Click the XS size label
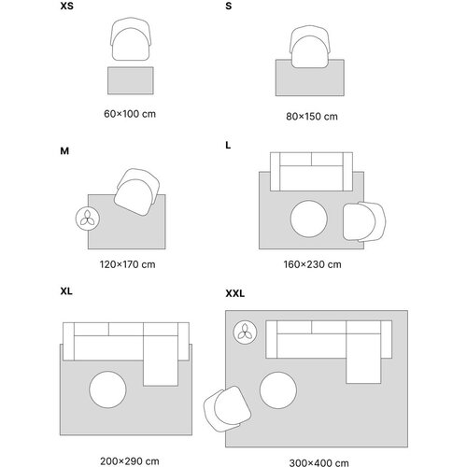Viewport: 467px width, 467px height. (x=67, y=6)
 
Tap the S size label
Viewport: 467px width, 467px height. (x=229, y=6)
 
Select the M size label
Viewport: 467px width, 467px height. (x=64, y=151)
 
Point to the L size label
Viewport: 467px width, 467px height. (x=228, y=146)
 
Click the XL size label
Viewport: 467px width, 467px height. (x=66, y=291)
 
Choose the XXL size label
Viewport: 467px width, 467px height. (x=235, y=293)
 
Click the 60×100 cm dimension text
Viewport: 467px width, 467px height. (x=130, y=114)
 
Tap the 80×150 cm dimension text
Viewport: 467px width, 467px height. (x=312, y=117)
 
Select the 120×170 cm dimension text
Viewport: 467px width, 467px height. (x=128, y=264)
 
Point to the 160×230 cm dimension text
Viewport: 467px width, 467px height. (x=312, y=264)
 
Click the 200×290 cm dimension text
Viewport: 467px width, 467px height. (x=130, y=461)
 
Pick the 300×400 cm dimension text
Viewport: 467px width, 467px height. (x=318, y=463)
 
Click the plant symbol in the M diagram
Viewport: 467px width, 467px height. (x=88, y=219)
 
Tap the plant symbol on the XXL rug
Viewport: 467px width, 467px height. (x=245, y=333)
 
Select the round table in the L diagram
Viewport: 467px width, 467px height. (x=309, y=219)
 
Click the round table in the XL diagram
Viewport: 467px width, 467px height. (x=107, y=389)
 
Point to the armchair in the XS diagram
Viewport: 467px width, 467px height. (x=131, y=39)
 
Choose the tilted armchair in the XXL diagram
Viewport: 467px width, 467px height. (x=227, y=408)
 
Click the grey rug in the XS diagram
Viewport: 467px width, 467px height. (x=131, y=80)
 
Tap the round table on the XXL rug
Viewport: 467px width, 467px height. (x=278, y=390)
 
